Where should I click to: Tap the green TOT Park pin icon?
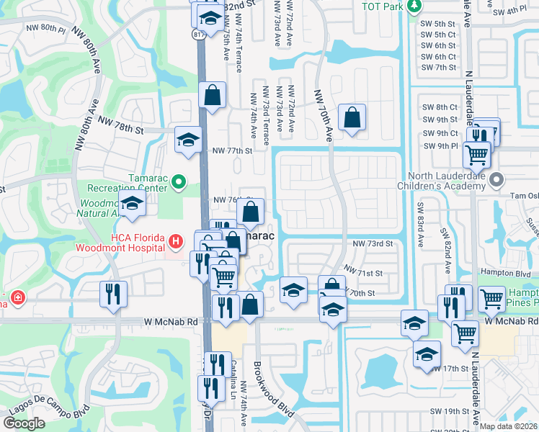click(x=413, y=6)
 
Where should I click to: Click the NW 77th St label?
click(x=232, y=151)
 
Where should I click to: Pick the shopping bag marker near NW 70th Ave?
click(x=352, y=117)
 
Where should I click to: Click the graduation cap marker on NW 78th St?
click(x=188, y=140)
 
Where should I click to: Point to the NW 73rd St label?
click(x=372, y=244)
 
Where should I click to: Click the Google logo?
click(x=24, y=423)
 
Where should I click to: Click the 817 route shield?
click(x=198, y=34)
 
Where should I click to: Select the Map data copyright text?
click(x=509, y=426)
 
